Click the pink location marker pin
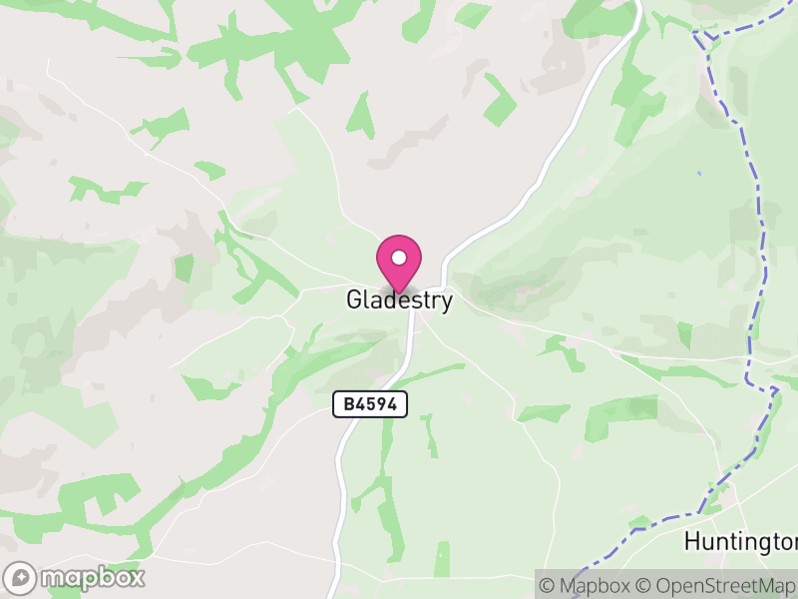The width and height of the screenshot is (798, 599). click(x=399, y=263)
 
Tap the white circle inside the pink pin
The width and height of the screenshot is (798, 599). click(x=399, y=258)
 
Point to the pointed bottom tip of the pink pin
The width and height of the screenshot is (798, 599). click(x=399, y=294)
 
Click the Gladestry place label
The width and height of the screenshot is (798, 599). click(x=399, y=299)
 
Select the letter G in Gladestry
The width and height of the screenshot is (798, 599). click(x=354, y=299)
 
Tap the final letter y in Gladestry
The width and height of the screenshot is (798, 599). click(x=446, y=301)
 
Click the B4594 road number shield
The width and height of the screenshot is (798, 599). click(x=369, y=404)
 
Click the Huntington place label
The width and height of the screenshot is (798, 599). click(x=740, y=542)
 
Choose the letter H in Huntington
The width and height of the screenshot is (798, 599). click(x=691, y=542)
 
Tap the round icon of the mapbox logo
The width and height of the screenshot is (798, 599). click(x=21, y=577)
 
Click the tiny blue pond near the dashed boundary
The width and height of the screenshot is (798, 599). click(x=698, y=174)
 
